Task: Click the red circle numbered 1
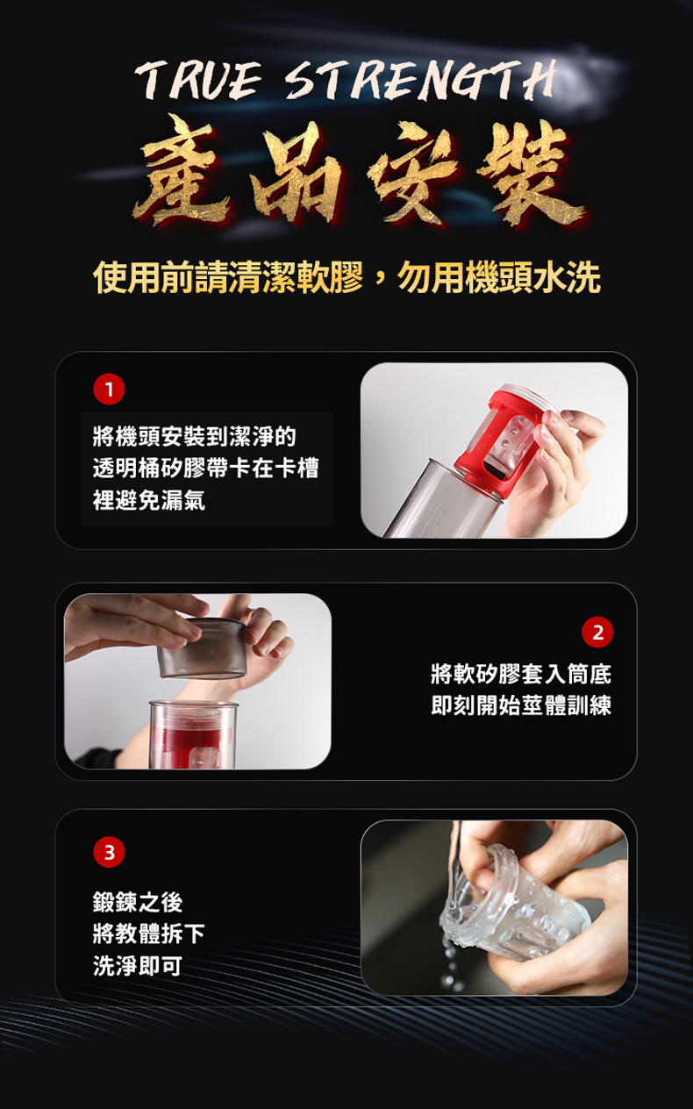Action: click(x=109, y=390)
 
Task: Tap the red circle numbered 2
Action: click(x=597, y=633)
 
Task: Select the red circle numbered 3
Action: click(x=109, y=852)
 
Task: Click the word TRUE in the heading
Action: click(x=198, y=80)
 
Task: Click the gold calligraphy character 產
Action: click(x=184, y=171)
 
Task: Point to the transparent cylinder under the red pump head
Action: click(x=440, y=500)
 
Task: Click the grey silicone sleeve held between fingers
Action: click(x=202, y=648)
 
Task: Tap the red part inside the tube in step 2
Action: click(x=194, y=742)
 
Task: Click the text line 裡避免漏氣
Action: click(x=149, y=500)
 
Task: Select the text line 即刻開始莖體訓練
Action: click(x=521, y=705)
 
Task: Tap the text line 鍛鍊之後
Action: click(x=138, y=902)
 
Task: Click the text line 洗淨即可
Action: click(x=138, y=965)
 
